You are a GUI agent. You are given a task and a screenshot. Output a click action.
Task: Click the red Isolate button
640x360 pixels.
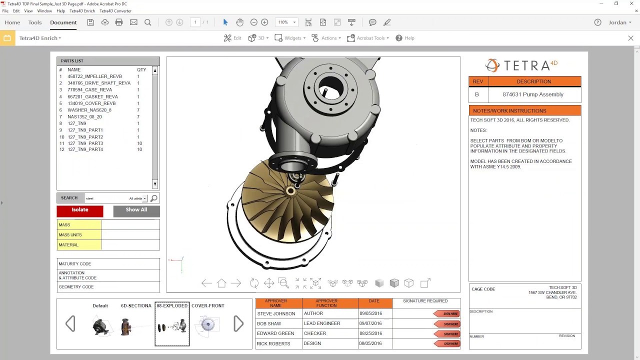point(80,210)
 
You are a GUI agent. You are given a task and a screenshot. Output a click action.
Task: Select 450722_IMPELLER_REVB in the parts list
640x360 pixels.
point(94,76)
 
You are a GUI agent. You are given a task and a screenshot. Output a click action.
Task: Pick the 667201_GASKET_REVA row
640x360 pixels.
point(92,96)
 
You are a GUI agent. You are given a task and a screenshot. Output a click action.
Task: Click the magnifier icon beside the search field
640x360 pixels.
point(154,198)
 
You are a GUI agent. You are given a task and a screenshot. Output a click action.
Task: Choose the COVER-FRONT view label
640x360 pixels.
point(207,305)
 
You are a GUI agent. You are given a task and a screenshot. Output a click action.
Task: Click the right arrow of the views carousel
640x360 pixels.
point(238,324)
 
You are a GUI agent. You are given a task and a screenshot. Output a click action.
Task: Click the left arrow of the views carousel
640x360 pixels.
point(70,324)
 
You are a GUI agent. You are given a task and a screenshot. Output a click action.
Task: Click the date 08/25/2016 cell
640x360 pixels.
point(370,333)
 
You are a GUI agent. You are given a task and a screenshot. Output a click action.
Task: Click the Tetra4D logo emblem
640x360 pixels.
point(492,65)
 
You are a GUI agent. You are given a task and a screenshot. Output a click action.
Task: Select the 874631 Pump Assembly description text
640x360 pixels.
point(533,94)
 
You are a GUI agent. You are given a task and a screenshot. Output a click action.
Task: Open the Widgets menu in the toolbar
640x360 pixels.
point(292,38)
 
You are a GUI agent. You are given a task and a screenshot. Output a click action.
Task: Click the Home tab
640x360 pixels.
point(12,22)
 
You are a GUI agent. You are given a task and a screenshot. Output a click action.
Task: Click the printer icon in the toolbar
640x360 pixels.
point(119,22)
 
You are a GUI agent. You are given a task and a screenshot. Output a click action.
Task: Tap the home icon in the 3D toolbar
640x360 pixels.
point(221,283)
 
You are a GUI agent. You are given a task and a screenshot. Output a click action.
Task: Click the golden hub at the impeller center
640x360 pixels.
point(291,191)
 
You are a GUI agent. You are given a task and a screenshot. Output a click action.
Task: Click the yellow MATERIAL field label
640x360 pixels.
point(79,245)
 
